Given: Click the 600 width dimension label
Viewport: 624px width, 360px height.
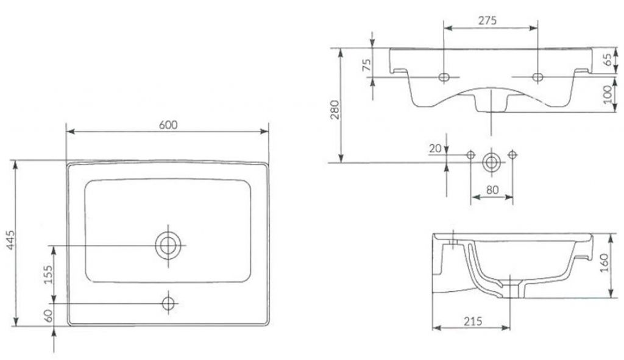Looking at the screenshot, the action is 168,124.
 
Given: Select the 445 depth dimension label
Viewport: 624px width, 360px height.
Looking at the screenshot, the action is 11,240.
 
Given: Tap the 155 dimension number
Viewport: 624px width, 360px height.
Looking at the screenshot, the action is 48,275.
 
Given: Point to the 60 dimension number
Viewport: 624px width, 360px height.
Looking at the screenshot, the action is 48,316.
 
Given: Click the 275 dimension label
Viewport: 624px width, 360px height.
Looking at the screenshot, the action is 487,20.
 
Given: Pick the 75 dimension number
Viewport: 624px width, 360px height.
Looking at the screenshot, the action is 366,65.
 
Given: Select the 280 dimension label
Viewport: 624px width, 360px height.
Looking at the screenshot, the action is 335,110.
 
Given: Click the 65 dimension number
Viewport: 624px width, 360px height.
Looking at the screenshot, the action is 608,60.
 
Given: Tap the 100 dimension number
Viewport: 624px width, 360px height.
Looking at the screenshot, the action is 608,94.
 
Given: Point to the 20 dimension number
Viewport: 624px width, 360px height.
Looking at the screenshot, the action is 435,149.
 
